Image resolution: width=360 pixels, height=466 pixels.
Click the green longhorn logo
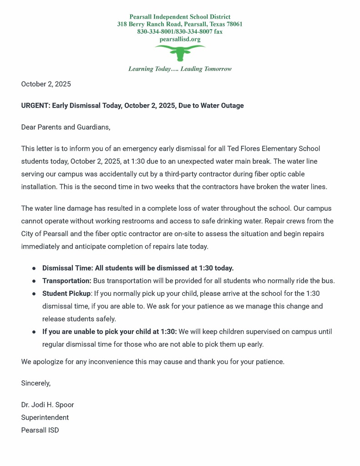tap(180, 52)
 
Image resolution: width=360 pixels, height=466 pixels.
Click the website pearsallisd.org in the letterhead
tap(180, 39)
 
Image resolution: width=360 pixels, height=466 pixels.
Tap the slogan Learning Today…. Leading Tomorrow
tap(180, 69)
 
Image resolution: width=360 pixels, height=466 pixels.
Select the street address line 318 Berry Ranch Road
tap(180, 24)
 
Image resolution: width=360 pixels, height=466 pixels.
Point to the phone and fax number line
tap(180, 32)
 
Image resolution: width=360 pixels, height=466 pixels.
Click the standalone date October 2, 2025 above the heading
tap(46, 84)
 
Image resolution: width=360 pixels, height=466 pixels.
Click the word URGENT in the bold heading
tap(35, 106)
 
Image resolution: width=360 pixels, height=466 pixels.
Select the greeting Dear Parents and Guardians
tap(66, 127)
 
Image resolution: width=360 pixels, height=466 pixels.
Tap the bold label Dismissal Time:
tap(67, 268)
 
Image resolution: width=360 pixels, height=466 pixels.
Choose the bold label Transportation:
tap(67, 281)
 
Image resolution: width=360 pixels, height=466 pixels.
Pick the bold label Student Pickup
tap(66, 294)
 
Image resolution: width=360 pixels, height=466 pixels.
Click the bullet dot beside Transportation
tap(34, 281)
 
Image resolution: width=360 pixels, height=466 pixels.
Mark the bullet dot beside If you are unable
tap(34, 332)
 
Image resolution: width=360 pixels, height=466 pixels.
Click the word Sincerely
tap(36, 383)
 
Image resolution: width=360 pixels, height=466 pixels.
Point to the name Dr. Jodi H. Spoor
tap(47, 405)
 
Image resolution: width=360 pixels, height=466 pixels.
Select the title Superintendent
tap(45, 417)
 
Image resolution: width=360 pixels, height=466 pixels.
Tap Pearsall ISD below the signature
tap(40, 430)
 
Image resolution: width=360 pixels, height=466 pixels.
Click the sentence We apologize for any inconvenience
tap(152, 362)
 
